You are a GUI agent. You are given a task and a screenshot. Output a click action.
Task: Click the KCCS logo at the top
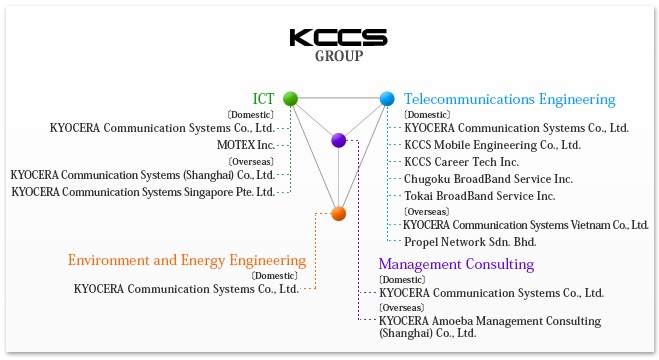click(x=338, y=37)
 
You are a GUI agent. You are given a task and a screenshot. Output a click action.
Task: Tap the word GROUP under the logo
click(x=338, y=56)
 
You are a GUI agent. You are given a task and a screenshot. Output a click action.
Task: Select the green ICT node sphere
click(x=291, y=98)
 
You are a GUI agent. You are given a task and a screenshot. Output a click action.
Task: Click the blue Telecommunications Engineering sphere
click(x=387, y=99)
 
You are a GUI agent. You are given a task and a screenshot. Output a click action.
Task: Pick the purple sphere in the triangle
click(x=339, y=141)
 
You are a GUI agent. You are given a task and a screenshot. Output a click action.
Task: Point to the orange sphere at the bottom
click(x=338, y=213)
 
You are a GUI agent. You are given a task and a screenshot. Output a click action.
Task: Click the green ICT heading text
click(x=264, y=98)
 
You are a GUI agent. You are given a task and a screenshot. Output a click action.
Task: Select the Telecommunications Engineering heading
click(x=509, y=99)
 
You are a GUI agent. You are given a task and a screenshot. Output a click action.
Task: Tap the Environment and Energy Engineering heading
click(x=187, y=260)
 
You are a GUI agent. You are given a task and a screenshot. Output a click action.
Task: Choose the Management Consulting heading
click(x=456, y=264)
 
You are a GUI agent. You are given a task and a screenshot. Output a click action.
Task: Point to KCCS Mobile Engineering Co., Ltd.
click(x=492, y=145)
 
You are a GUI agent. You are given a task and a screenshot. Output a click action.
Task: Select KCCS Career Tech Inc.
click(x=461, y=161)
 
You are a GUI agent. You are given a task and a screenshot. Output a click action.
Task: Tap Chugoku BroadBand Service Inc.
click(x=488, y=178)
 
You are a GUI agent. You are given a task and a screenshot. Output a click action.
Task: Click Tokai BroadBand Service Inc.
click(x=479, y=195)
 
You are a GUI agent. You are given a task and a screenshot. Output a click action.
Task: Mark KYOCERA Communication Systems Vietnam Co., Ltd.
click(x=527, y=224)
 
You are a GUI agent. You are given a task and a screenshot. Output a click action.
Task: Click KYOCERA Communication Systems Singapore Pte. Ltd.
click(x=143, y=191)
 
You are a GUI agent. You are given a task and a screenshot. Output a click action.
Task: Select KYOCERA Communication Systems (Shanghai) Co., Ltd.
click(x=143, y=174)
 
